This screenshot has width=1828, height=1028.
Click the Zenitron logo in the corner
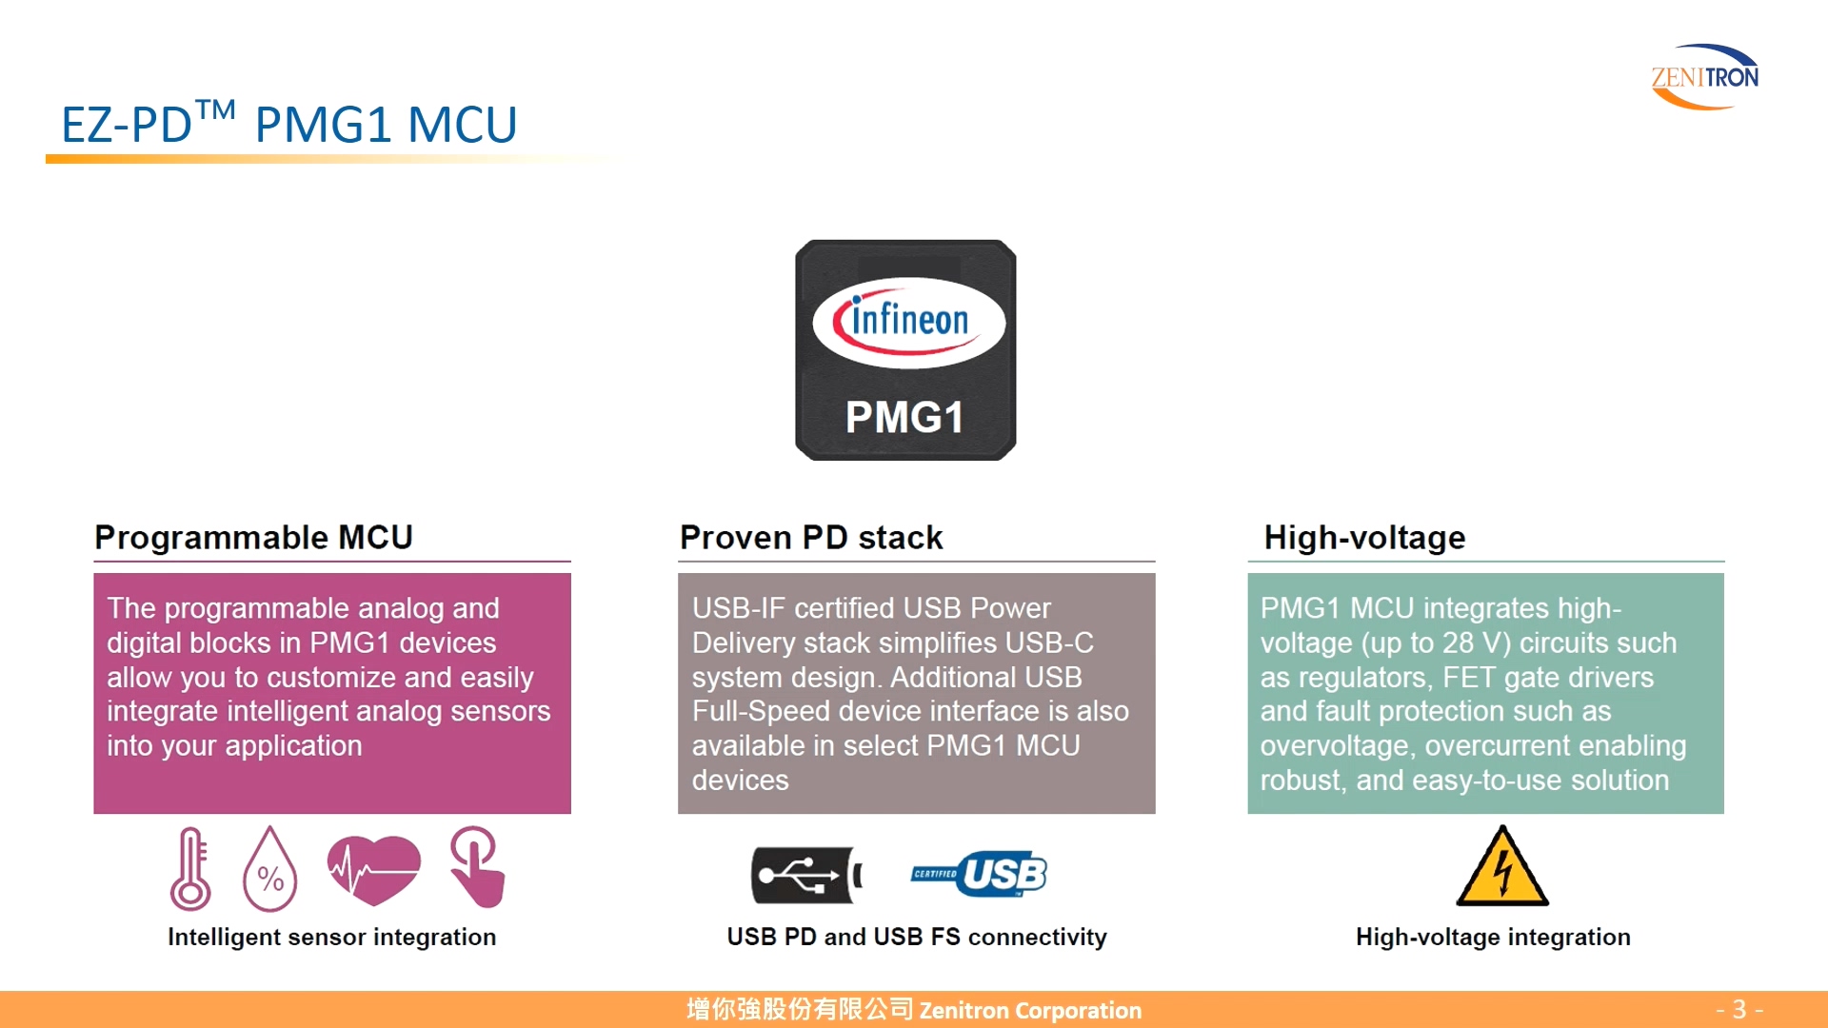1704,76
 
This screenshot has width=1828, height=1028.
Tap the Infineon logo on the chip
908,322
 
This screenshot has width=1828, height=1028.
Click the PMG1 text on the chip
904,418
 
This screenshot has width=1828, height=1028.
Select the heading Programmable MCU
253,538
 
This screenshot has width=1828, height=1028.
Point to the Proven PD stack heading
811,538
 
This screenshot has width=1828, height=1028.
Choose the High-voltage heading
1364,538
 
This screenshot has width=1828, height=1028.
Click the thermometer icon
190,868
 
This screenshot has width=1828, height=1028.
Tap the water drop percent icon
270,870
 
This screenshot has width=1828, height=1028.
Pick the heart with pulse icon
373,868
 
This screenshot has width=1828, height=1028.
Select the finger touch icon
478,866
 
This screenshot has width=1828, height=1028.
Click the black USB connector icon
805,875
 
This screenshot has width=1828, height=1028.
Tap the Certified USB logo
979,874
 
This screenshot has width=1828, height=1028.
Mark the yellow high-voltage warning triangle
1502,867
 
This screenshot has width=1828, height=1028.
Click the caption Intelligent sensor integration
331,938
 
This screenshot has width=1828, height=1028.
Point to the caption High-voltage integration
1493,938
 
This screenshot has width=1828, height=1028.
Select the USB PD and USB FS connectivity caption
917,938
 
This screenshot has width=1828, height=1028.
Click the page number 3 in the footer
1739,1009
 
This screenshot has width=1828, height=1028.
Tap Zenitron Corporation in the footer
1030,1010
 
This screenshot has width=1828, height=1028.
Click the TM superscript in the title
216,110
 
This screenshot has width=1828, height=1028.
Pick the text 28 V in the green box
1472,643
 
